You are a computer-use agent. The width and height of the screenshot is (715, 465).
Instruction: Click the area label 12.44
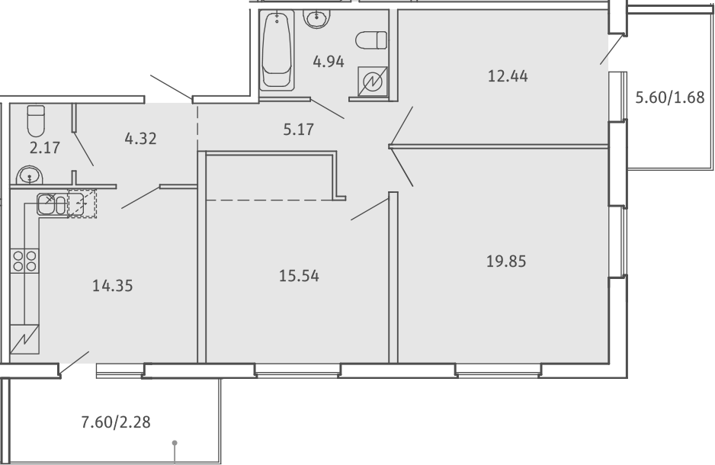pyautogui.click(x=508, y=76)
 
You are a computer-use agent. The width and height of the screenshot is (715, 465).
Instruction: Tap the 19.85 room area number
pyautogui.click(x=506, y=261)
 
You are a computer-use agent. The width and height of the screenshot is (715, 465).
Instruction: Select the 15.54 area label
pyautogui.click(x=299, y=276)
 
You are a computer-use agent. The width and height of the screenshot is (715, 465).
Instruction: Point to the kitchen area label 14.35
pyautogui.click(x=113, y=286)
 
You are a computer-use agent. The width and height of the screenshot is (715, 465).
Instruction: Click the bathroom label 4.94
pyautogui.click(x=329, y=62)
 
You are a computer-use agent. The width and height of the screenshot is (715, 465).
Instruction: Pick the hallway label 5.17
pyautogui.click(x=299, y=130)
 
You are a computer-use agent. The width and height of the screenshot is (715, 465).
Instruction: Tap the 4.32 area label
pyautogui.click(x=140, y=138)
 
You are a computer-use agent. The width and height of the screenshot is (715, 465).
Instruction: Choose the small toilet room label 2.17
pyautogui.click(x=45, y=148)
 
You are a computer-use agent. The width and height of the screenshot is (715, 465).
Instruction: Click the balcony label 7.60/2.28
pyautogui.click(x=116, y=422)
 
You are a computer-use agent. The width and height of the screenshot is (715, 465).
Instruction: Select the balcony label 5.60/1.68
pyautogui.click(x=670, y=97)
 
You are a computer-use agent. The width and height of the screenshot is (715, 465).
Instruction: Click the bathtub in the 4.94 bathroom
pyautogui.click(x=277, y=50)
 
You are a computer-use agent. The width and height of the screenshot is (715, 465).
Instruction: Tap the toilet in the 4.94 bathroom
pyautogui.click(x=371, y=40)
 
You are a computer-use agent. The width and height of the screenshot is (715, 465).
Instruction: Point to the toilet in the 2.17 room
pyautogui.click(x=36, y=120)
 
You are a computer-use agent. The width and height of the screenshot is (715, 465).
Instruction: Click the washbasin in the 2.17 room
pyautogui.click(x=30, y=175)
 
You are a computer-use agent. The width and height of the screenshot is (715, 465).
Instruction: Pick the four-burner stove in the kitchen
pyautogui.click(x=24, y=261)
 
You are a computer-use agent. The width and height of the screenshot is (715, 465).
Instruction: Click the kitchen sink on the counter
pyautogui.click(x=52, y=204)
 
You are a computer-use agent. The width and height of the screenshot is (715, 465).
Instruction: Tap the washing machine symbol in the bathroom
pyautogui.click(x=373, y=81)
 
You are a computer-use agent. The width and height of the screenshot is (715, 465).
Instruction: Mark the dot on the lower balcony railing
pyautogui.click(x=175, y=443)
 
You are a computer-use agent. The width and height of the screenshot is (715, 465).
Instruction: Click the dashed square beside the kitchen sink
pyautogui.click(x=82, y=204)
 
